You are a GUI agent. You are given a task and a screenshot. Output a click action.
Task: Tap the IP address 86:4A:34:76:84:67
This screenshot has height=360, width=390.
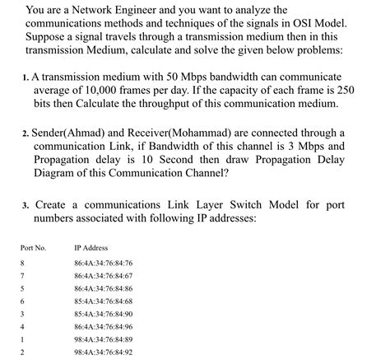(103, 276)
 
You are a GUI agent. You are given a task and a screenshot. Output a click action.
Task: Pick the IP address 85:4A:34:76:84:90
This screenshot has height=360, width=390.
(103, 314)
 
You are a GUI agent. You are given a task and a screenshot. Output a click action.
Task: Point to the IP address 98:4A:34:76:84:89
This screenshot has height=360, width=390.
(103, 339)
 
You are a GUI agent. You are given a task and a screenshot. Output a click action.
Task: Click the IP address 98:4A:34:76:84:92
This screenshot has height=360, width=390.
(103, 352)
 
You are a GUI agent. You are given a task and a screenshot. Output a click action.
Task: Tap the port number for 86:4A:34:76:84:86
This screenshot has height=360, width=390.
(23, 288)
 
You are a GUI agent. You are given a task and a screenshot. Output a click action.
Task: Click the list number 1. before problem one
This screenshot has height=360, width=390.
(26, 77)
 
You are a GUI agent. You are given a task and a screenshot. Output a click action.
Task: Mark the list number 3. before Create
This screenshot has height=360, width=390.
(26, 204)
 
